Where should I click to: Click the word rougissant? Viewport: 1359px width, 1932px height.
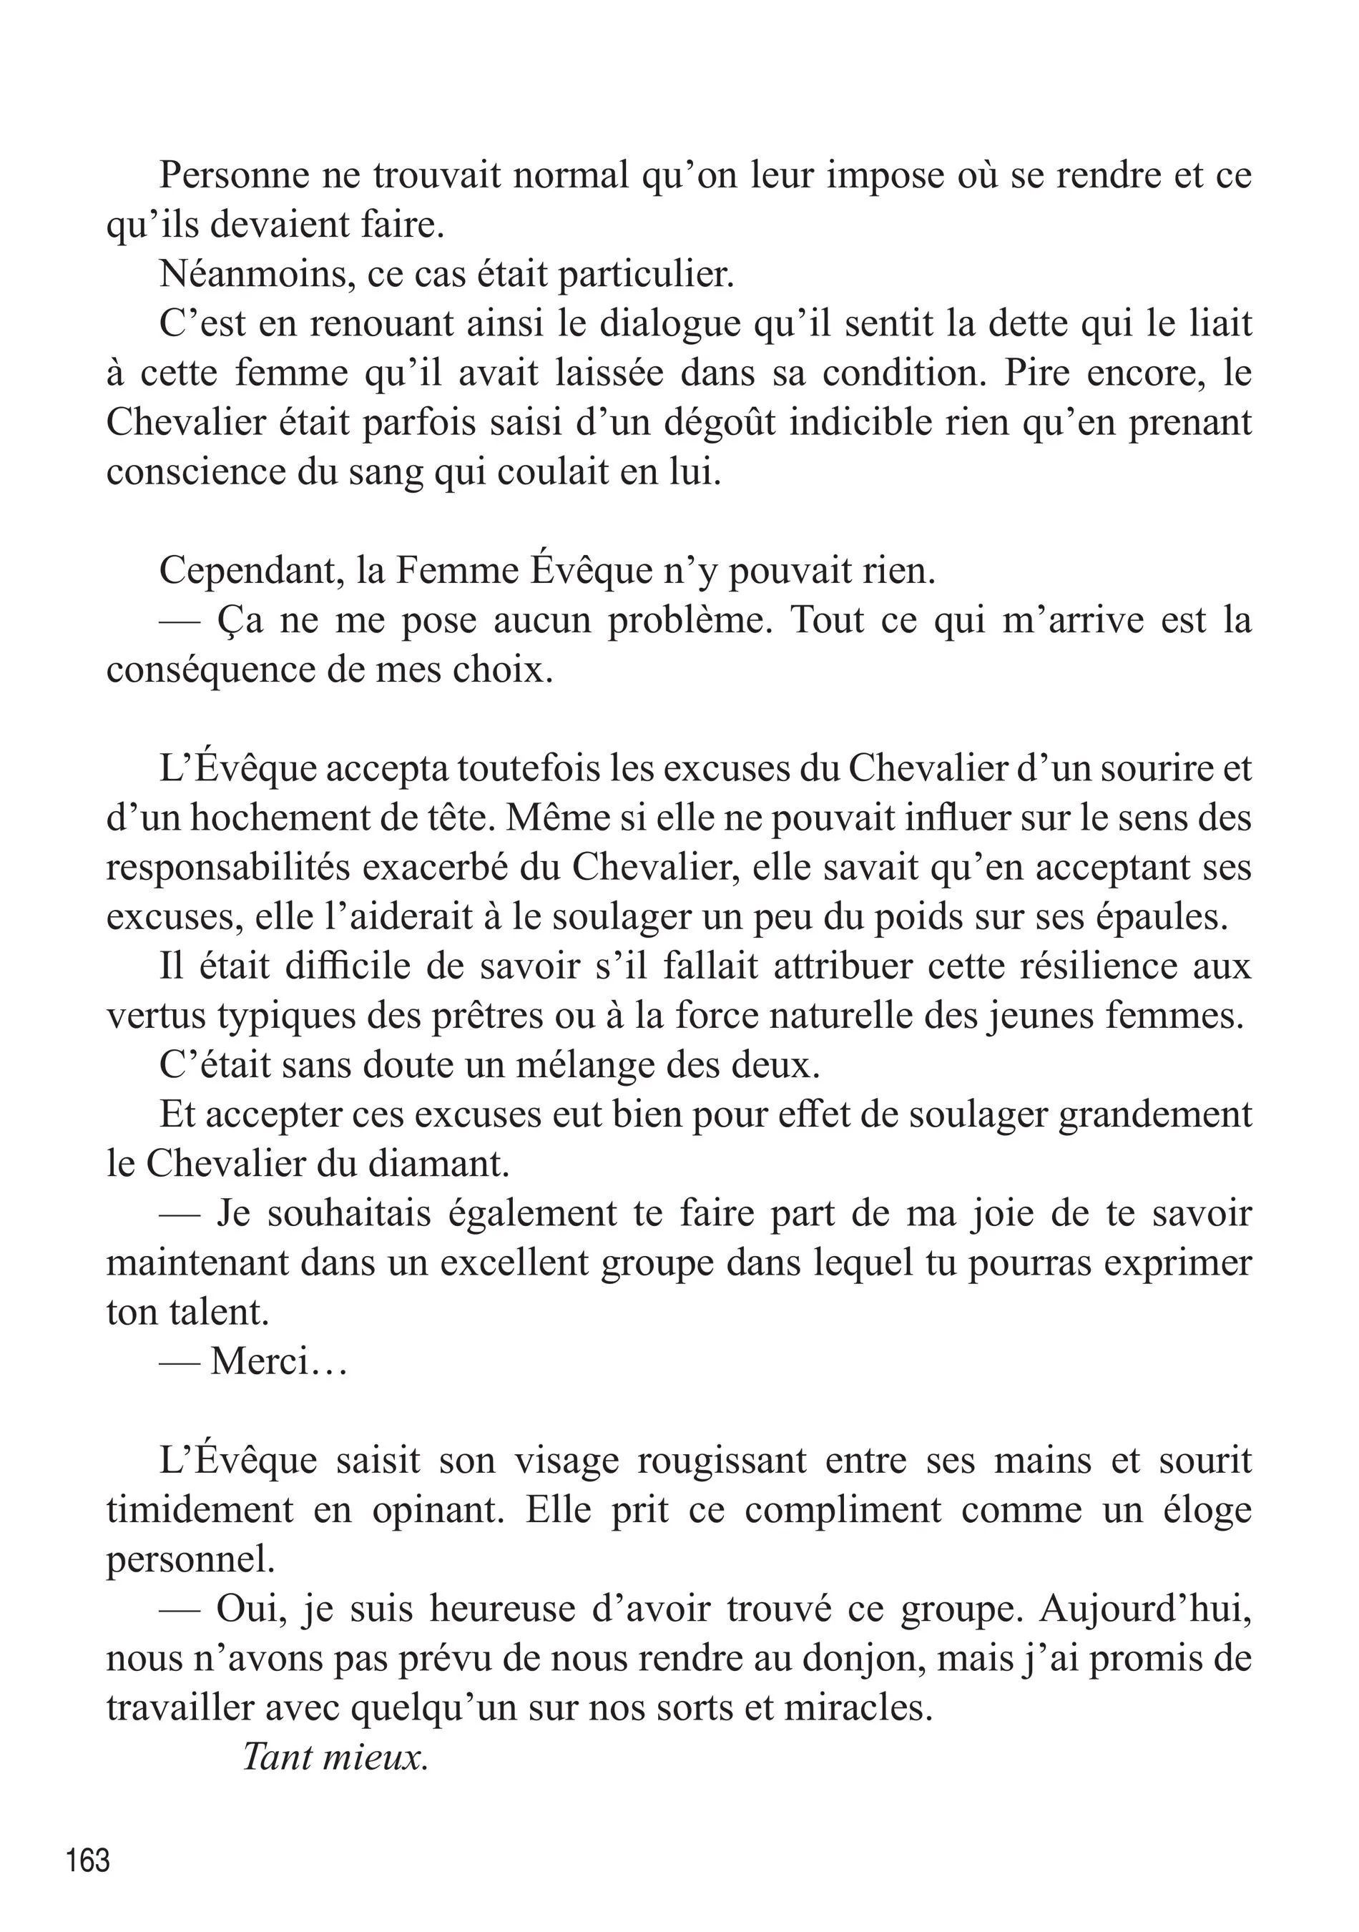[x=721, y=1461]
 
